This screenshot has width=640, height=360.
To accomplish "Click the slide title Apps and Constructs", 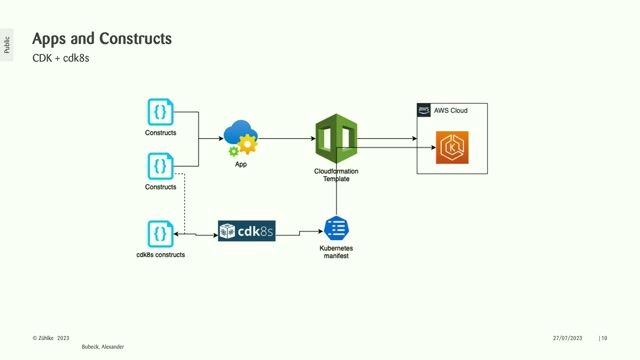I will click(102, 39).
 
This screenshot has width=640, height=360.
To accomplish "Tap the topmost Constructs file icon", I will click(160, 111).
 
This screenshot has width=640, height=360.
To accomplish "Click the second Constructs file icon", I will click(160, 165).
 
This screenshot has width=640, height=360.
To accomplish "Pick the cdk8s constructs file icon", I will click(160, 233).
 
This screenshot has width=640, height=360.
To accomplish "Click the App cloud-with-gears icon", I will click(241, 138).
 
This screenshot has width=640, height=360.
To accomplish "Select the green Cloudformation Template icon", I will click(336, 139).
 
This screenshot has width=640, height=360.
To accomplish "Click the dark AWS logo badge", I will click(424, 109).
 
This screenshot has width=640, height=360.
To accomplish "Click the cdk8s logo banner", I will click(246, 233).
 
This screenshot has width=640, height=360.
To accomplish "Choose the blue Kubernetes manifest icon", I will click(335, 227).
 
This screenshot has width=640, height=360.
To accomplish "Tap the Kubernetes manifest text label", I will click(336, 251).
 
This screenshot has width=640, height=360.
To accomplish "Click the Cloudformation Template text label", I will click(336, 174).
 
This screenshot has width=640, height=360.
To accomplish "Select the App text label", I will click(241, 164).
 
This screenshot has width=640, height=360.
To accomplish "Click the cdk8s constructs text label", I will click(160, 255).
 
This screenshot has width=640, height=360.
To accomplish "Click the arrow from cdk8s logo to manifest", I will click(298, 234).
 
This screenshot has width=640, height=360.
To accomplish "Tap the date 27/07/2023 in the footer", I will click(571, 338).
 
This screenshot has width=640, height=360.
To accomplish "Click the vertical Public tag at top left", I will click(7, 44).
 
